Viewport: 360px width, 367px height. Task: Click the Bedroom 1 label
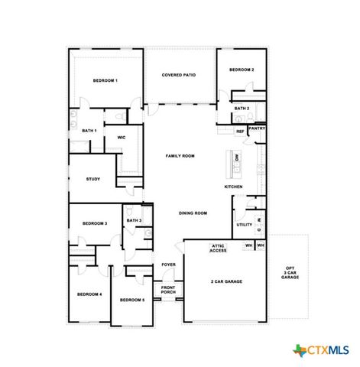point(105,80)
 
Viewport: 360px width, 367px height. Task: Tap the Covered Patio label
point(179,75)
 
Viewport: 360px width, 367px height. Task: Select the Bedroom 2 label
point(242,70)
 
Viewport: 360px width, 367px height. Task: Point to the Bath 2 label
point(242,109)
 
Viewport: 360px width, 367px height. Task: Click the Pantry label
point(257,128)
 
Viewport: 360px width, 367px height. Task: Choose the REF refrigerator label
point(240,132)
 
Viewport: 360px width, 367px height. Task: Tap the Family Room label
point(180,155)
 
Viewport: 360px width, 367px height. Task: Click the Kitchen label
point(233,187)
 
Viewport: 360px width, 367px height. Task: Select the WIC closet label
point(121,138)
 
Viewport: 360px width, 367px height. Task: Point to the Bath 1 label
point(89,131)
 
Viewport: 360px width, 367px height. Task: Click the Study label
point(92,179)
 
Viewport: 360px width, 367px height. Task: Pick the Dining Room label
point(193,213)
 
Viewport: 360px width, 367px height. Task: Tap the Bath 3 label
point(134,220)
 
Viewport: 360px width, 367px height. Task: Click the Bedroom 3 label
point(95,223)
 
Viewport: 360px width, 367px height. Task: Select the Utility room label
point(244,225)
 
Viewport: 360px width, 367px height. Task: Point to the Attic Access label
point(218,248)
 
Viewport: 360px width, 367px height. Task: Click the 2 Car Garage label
point(226,281)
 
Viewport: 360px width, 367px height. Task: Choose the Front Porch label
point(168,291)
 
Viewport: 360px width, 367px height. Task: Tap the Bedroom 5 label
point(132,300)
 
